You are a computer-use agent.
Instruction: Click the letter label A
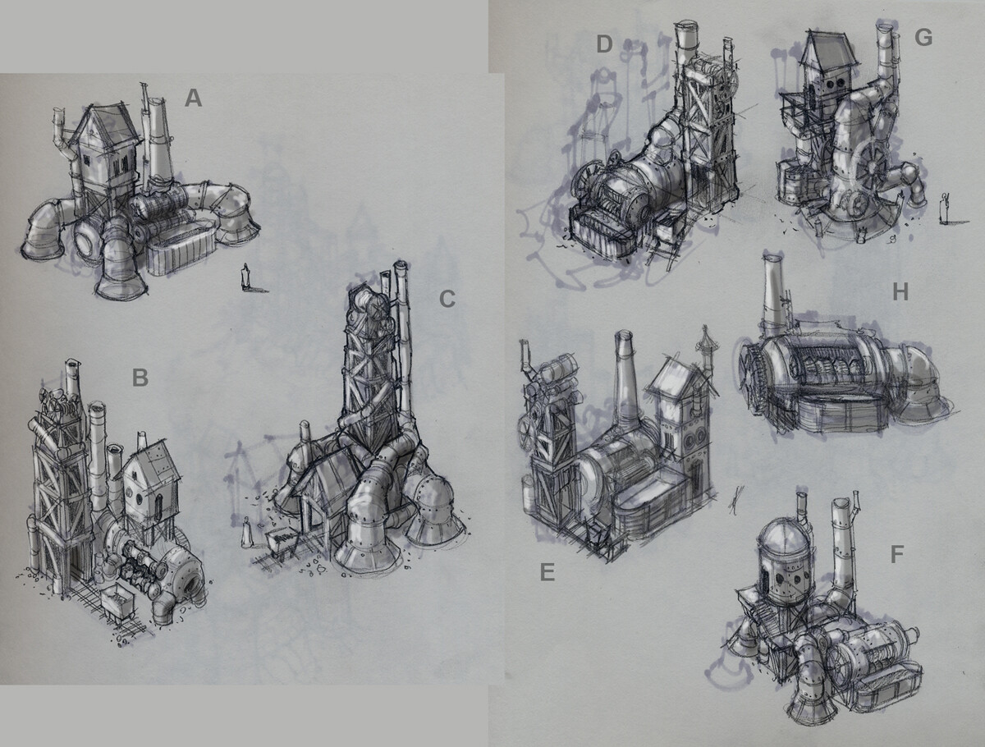pos(194,99)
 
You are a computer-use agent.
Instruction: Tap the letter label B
pos(140,378)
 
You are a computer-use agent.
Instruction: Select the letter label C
pos(447,299)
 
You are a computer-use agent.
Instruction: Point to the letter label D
pos(605,44)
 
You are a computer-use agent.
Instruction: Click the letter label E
pos(547,572)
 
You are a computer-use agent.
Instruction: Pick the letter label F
pos(896,554)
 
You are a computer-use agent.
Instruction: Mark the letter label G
pos(923,38)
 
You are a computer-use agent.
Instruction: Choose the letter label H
pos(900,292)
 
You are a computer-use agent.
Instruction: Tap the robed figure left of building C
pos(246,532)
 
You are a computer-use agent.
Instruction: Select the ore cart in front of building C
pos(281,543)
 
